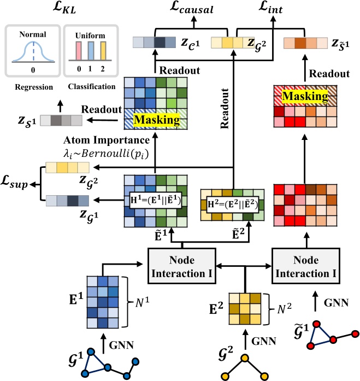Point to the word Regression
coord(31,86)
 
